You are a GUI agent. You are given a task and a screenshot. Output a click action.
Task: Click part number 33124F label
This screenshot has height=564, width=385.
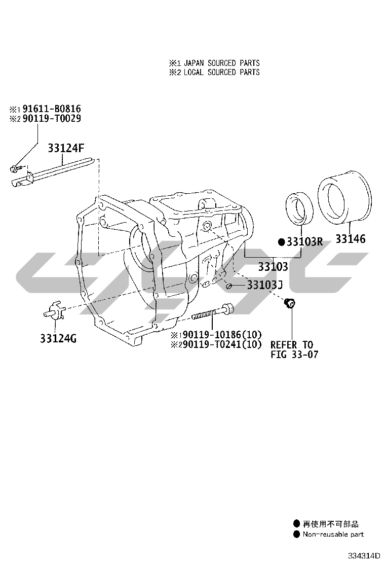click(66, 148)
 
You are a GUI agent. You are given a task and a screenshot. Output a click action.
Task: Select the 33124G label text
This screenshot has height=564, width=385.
click(58, 338)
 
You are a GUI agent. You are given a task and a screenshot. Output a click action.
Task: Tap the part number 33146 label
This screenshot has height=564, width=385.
click(350, 238)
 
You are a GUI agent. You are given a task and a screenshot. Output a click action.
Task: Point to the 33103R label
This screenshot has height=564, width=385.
click(304, 242)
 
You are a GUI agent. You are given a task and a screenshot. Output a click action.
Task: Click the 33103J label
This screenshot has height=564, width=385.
click(264, 285)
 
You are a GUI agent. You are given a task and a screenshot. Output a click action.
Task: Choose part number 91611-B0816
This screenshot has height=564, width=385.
click(51, 109)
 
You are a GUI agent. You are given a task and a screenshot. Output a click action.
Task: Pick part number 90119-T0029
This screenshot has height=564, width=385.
click(51, 118)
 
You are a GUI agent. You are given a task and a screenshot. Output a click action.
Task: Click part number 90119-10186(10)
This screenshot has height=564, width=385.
click(222, 335)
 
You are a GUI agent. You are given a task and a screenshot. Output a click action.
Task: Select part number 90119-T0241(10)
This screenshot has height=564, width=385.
click(222, 344)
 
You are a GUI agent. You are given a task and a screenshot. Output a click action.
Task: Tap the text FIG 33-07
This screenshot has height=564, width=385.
click(294, 355)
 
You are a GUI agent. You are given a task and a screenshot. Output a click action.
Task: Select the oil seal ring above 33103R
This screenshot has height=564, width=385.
click(301, 208)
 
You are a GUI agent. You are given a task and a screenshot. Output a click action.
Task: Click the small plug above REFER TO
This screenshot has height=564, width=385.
click(291, 303)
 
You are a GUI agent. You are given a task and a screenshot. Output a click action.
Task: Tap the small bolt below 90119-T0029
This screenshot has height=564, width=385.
click(15, 167)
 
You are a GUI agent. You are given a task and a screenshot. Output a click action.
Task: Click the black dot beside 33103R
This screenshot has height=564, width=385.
click(282, 242)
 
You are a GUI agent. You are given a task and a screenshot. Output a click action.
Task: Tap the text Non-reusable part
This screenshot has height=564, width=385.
click(333, 534)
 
